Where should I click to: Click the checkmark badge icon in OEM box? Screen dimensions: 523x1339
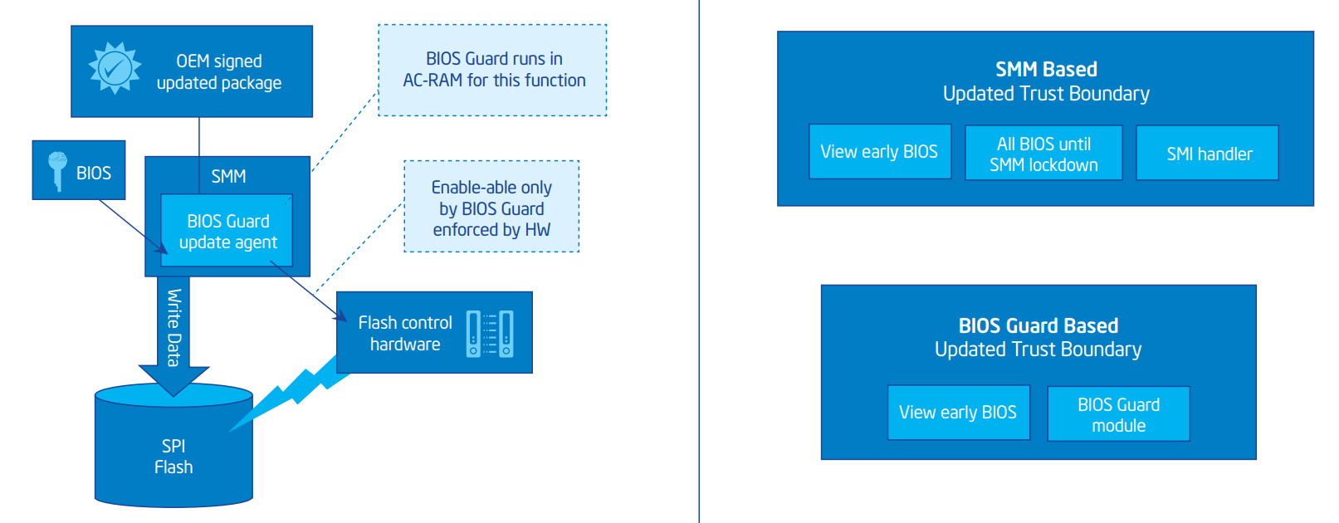pos(115,68)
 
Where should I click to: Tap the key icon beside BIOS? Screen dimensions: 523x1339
pos(56,170)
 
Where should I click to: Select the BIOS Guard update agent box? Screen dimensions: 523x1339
pos(227,232)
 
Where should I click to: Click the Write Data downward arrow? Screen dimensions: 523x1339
pos(173,332)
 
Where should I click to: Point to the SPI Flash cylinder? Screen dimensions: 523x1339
pos(173,452)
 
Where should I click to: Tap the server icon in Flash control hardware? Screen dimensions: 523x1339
pos(490,334)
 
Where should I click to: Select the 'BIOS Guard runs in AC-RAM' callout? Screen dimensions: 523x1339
pos(493,70)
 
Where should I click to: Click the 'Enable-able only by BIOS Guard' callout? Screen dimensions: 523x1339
pos(491,208)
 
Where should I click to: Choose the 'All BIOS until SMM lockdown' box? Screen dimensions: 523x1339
pos(1043,154)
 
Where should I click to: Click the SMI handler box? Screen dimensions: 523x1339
pos(1208,154)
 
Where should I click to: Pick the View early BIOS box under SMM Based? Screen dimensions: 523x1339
pos(879,152)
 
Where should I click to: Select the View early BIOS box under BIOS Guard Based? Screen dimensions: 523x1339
pos(958,413)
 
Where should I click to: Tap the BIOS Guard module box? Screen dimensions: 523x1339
pos(1118,414)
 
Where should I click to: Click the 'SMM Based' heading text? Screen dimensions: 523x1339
pos(1046,70)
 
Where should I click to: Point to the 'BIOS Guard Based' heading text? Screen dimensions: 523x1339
pos(1038,325)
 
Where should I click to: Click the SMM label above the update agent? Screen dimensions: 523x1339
pos(228,176)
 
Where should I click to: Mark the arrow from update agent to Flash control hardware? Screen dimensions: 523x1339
pos(307,291)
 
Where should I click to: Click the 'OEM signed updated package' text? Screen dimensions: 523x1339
pos(219,72)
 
